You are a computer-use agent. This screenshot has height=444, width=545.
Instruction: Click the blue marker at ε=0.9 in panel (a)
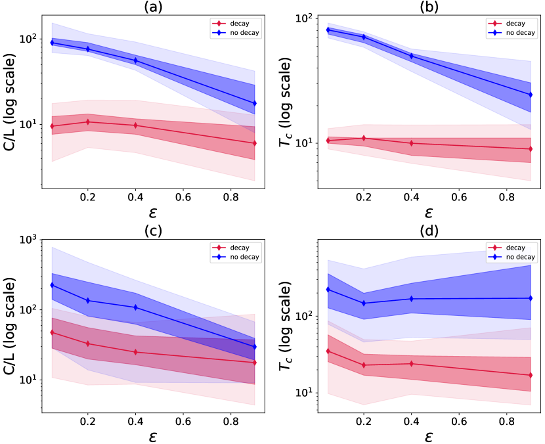(255, 103)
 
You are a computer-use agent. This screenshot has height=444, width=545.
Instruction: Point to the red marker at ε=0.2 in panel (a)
(88, 122)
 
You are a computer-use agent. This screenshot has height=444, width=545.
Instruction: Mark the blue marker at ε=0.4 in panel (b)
(412, 56)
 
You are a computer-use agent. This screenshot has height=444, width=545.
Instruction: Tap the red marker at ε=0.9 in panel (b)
(530, 149)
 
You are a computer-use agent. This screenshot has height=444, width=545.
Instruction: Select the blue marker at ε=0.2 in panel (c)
(88, 301)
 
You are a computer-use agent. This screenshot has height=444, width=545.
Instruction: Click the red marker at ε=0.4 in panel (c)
(135, 352)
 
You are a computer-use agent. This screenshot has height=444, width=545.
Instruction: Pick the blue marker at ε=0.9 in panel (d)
(530, 298)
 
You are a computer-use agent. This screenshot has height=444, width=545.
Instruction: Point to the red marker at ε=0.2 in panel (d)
(363, 365)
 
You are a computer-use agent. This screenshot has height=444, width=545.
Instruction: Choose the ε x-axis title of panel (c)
(154, 436)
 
